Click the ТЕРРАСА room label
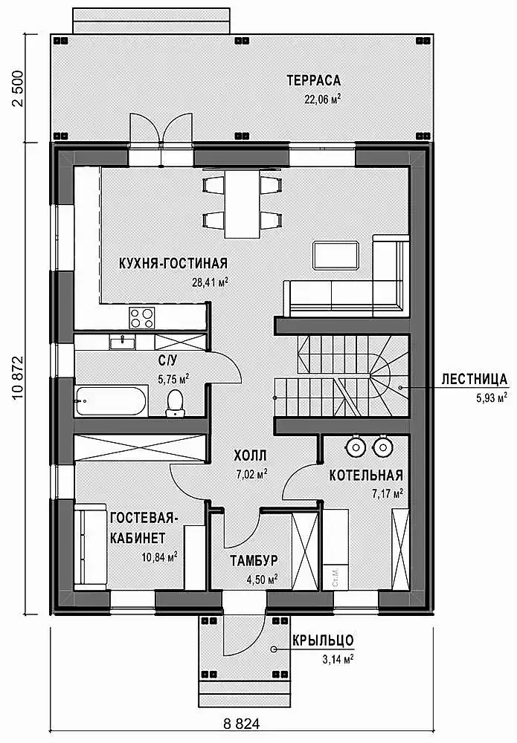click(313, 80)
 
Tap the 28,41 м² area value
click(210, 282)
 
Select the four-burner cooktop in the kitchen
click(142, 317)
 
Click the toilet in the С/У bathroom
click(175, 403)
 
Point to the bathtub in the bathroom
click(112, 401)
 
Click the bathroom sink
click(123, 341)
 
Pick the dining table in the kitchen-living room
click(242, 204)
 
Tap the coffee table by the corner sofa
click(335, 256)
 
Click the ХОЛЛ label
click(250, 456)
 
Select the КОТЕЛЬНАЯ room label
click(366, 476)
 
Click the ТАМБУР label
click(254, 560)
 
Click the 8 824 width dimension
click(242, 724)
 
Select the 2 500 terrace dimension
click(17, 88)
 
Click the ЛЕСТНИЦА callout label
click(475, 379)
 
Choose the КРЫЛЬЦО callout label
click(323, 640)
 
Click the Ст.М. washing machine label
click(335, 577)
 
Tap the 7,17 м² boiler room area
click(388, 494)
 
